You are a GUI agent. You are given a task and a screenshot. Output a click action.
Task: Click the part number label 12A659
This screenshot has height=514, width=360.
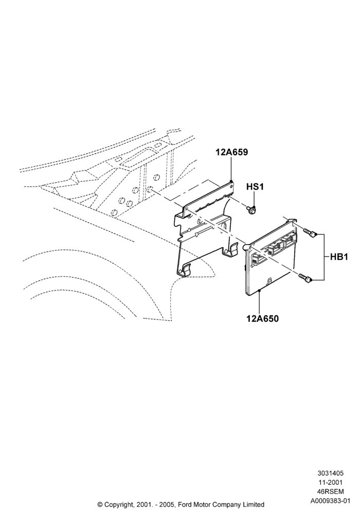point(231,153)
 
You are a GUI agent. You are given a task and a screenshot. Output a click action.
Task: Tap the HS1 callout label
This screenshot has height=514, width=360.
point(255,187)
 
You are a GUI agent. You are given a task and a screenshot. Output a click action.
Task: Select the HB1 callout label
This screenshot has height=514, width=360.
point(339,257)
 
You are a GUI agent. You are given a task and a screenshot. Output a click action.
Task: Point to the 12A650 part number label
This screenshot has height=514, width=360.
point(262,318)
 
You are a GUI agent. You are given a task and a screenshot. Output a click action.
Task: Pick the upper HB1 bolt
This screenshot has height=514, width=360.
point(309,233)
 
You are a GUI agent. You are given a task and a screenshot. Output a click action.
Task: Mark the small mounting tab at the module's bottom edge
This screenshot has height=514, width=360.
point(269,282)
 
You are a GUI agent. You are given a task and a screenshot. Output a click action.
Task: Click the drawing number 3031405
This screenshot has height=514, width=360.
point(330,473)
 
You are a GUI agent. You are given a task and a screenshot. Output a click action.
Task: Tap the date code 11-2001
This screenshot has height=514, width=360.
point(330,482)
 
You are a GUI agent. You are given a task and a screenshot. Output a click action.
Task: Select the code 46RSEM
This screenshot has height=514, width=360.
point(330,492)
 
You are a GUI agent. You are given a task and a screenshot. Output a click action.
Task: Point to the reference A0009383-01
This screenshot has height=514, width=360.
point(330,501)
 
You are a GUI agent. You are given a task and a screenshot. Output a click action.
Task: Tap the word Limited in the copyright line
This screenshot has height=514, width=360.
point(255,505)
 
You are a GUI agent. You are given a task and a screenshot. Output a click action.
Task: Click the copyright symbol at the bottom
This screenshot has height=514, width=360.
point(100,505)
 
